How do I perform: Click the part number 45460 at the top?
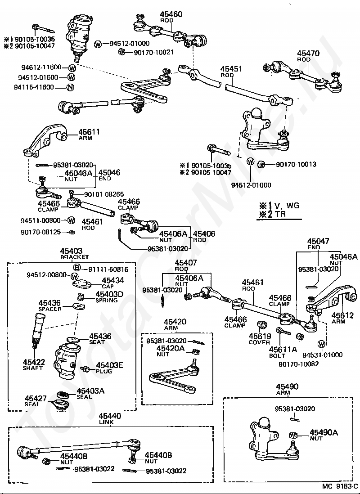pyautogui.click(x=171, y=14)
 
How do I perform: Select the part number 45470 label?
pyautogui.click(x=308, y=54)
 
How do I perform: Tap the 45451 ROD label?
pyautogui.click(x=231, y=72)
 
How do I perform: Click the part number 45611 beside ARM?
pyautogui.click(x=89, y=132)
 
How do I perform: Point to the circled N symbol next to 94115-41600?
pyautogui.click(x=70, y=87)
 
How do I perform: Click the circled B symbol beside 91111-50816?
pyautogui.click(x=77, y=268)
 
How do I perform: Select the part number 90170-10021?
pyautogui.click(x=153, y=52)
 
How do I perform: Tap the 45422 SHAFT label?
pyautogui.click(x=33, y=365)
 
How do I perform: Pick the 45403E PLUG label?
pyautogui.click(x=109, y=368)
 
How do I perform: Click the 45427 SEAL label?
pyautogui.click(x=36, y=401)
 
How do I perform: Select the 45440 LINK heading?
pyautogui.click(x=110, y=419)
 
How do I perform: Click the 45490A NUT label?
pyautogui.click(x=324, y=436)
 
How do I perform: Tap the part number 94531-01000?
pyautogui.click(x=323, y=355)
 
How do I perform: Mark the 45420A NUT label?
pyautogui.click(x=170, y=351)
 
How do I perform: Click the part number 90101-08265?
pyautogui.click(x=103, y=194)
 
